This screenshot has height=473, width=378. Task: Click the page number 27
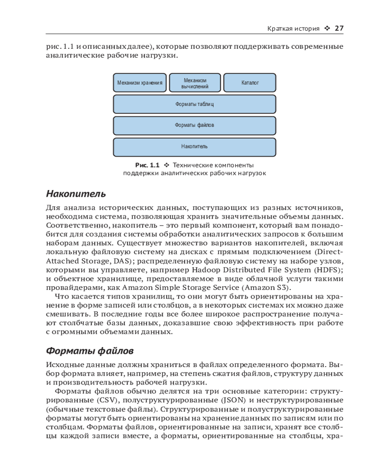pyautogui.click(x=338, y=28)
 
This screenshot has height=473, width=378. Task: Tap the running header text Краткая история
pyautogui.click(x=294, y=28)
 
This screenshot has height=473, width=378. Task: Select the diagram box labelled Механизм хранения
pyautogui.click(x=140, y=82)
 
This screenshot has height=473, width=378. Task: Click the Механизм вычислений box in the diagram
pyautogui.click(x=195, y=82)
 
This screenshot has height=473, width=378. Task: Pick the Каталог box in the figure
pyautogui.click(x=249, y=82)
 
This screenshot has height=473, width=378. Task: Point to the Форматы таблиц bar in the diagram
pyautogui.click(x=195, y=104)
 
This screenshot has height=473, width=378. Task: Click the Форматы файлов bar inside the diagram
pyautogui.click(x=195, y=125)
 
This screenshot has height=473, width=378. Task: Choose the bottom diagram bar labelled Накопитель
pyautogui.click(x=195, y=147)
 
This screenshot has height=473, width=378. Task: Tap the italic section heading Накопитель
pyautogui.click(x=76, y=194)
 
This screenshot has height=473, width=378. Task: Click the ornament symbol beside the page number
pyautogui.click(x=327, y=28)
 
